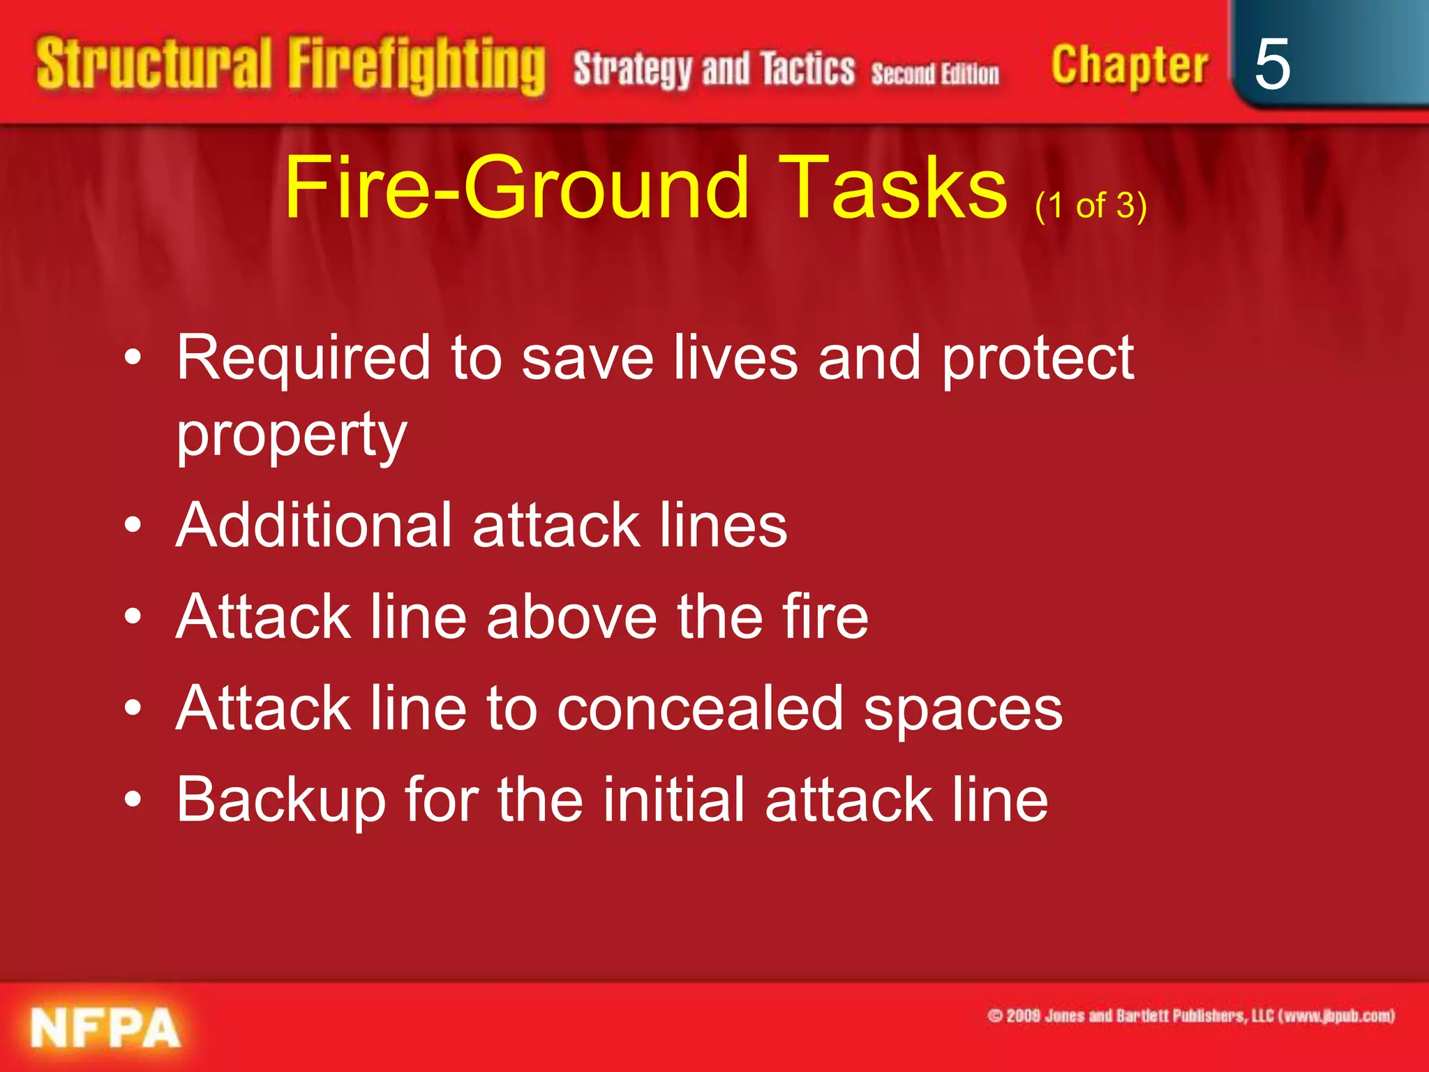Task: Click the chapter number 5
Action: (1271, 64)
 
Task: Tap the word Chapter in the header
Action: (1129, 66)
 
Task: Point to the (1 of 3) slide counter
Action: (1091, 206)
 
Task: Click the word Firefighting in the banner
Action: (417, 66)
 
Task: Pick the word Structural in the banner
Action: (154, 64)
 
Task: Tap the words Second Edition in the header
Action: (935, 73)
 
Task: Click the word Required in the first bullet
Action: (303, 358)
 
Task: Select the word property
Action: (291, 435)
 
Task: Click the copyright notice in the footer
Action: (1190, 1015)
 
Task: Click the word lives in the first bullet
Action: (735, 358)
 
